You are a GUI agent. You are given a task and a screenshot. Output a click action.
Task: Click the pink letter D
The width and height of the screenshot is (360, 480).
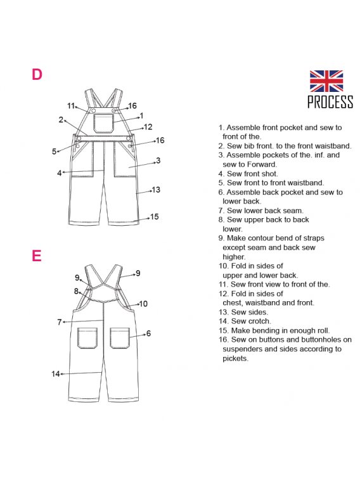point(37,74)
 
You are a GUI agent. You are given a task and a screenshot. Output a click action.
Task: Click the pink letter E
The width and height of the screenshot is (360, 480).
point(36,256)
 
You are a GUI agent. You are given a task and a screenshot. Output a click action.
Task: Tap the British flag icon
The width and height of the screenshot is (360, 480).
point(326,81)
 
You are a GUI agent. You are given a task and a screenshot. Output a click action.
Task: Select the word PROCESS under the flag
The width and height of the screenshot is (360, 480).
point(330,101)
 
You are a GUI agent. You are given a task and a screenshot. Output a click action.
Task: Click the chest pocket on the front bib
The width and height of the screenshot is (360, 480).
point(103,123)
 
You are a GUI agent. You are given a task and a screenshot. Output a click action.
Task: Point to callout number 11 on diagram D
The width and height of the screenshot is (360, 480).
point(70,106)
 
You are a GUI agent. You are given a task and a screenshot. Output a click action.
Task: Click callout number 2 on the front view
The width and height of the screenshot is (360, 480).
point(61,120)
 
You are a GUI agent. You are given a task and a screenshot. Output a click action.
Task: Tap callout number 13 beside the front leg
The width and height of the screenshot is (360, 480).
point(156,190)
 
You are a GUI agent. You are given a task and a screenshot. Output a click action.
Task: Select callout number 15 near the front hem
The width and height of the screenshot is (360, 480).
point(155,217)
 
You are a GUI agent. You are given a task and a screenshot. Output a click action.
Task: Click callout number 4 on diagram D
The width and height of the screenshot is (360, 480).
point(60,173)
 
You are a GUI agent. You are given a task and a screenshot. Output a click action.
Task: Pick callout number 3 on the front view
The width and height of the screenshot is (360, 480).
point(158,160)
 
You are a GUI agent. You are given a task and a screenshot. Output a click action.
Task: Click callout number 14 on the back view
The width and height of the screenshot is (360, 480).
point(55,373)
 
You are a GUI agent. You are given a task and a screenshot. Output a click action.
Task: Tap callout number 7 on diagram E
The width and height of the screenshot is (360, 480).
point(60,322)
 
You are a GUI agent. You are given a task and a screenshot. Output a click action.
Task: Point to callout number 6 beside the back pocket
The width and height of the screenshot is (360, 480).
point(149,334)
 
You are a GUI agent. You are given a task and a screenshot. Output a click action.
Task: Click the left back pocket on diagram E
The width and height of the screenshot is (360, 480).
point(87,338)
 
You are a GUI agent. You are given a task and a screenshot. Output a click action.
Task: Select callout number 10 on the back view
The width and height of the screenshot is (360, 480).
point(143,304)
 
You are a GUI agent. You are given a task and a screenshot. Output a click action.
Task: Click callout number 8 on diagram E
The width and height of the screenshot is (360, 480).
point(76,291)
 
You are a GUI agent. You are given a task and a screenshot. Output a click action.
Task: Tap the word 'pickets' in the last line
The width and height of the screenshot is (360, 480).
point(235,358)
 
